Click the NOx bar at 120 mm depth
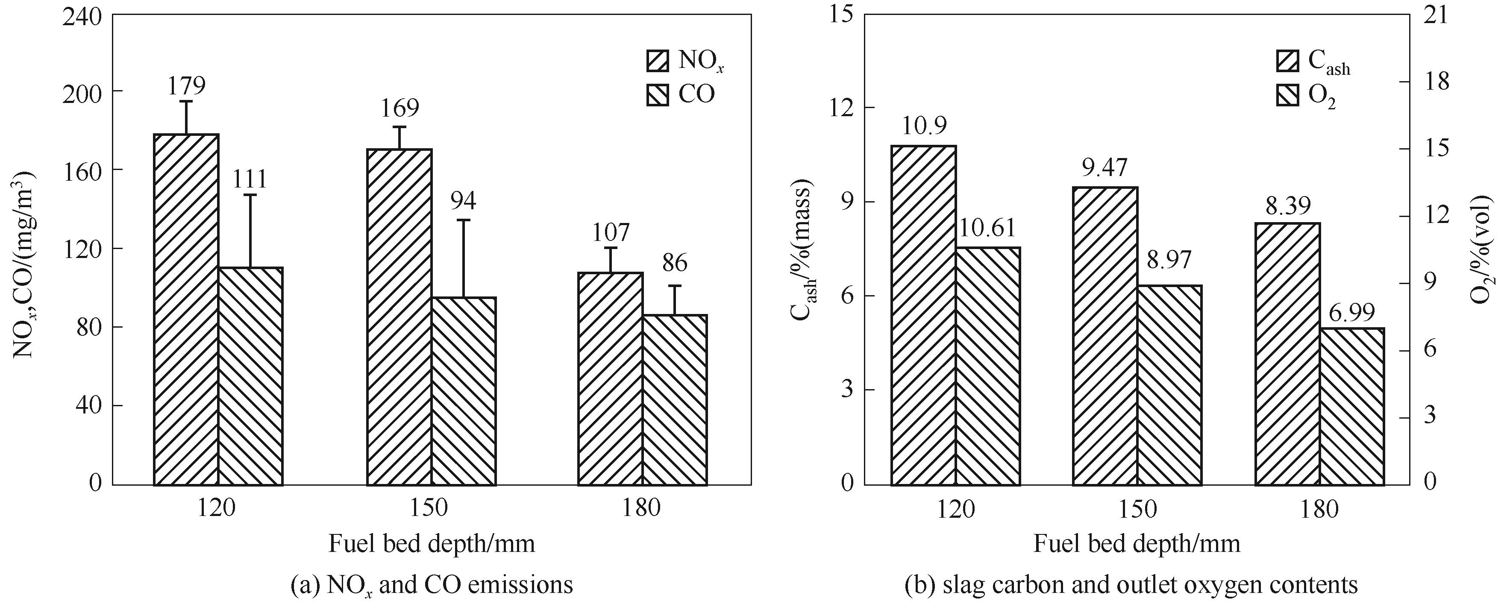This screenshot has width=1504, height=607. (x=186, y=309)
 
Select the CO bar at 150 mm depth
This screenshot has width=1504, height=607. (x=464, y=391)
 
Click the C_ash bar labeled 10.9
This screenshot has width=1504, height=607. (x=924, y=315)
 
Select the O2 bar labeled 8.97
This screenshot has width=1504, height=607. (x=1169, y=385)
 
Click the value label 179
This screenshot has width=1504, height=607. (x=187, y=86)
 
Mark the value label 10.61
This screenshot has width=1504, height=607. (x=988, y=228)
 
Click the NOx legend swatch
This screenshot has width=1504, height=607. (x=658, y=60)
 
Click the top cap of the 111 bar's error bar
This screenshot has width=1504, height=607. (x=250, y=195)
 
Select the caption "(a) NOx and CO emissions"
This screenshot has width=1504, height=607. (x=432, y=585)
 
